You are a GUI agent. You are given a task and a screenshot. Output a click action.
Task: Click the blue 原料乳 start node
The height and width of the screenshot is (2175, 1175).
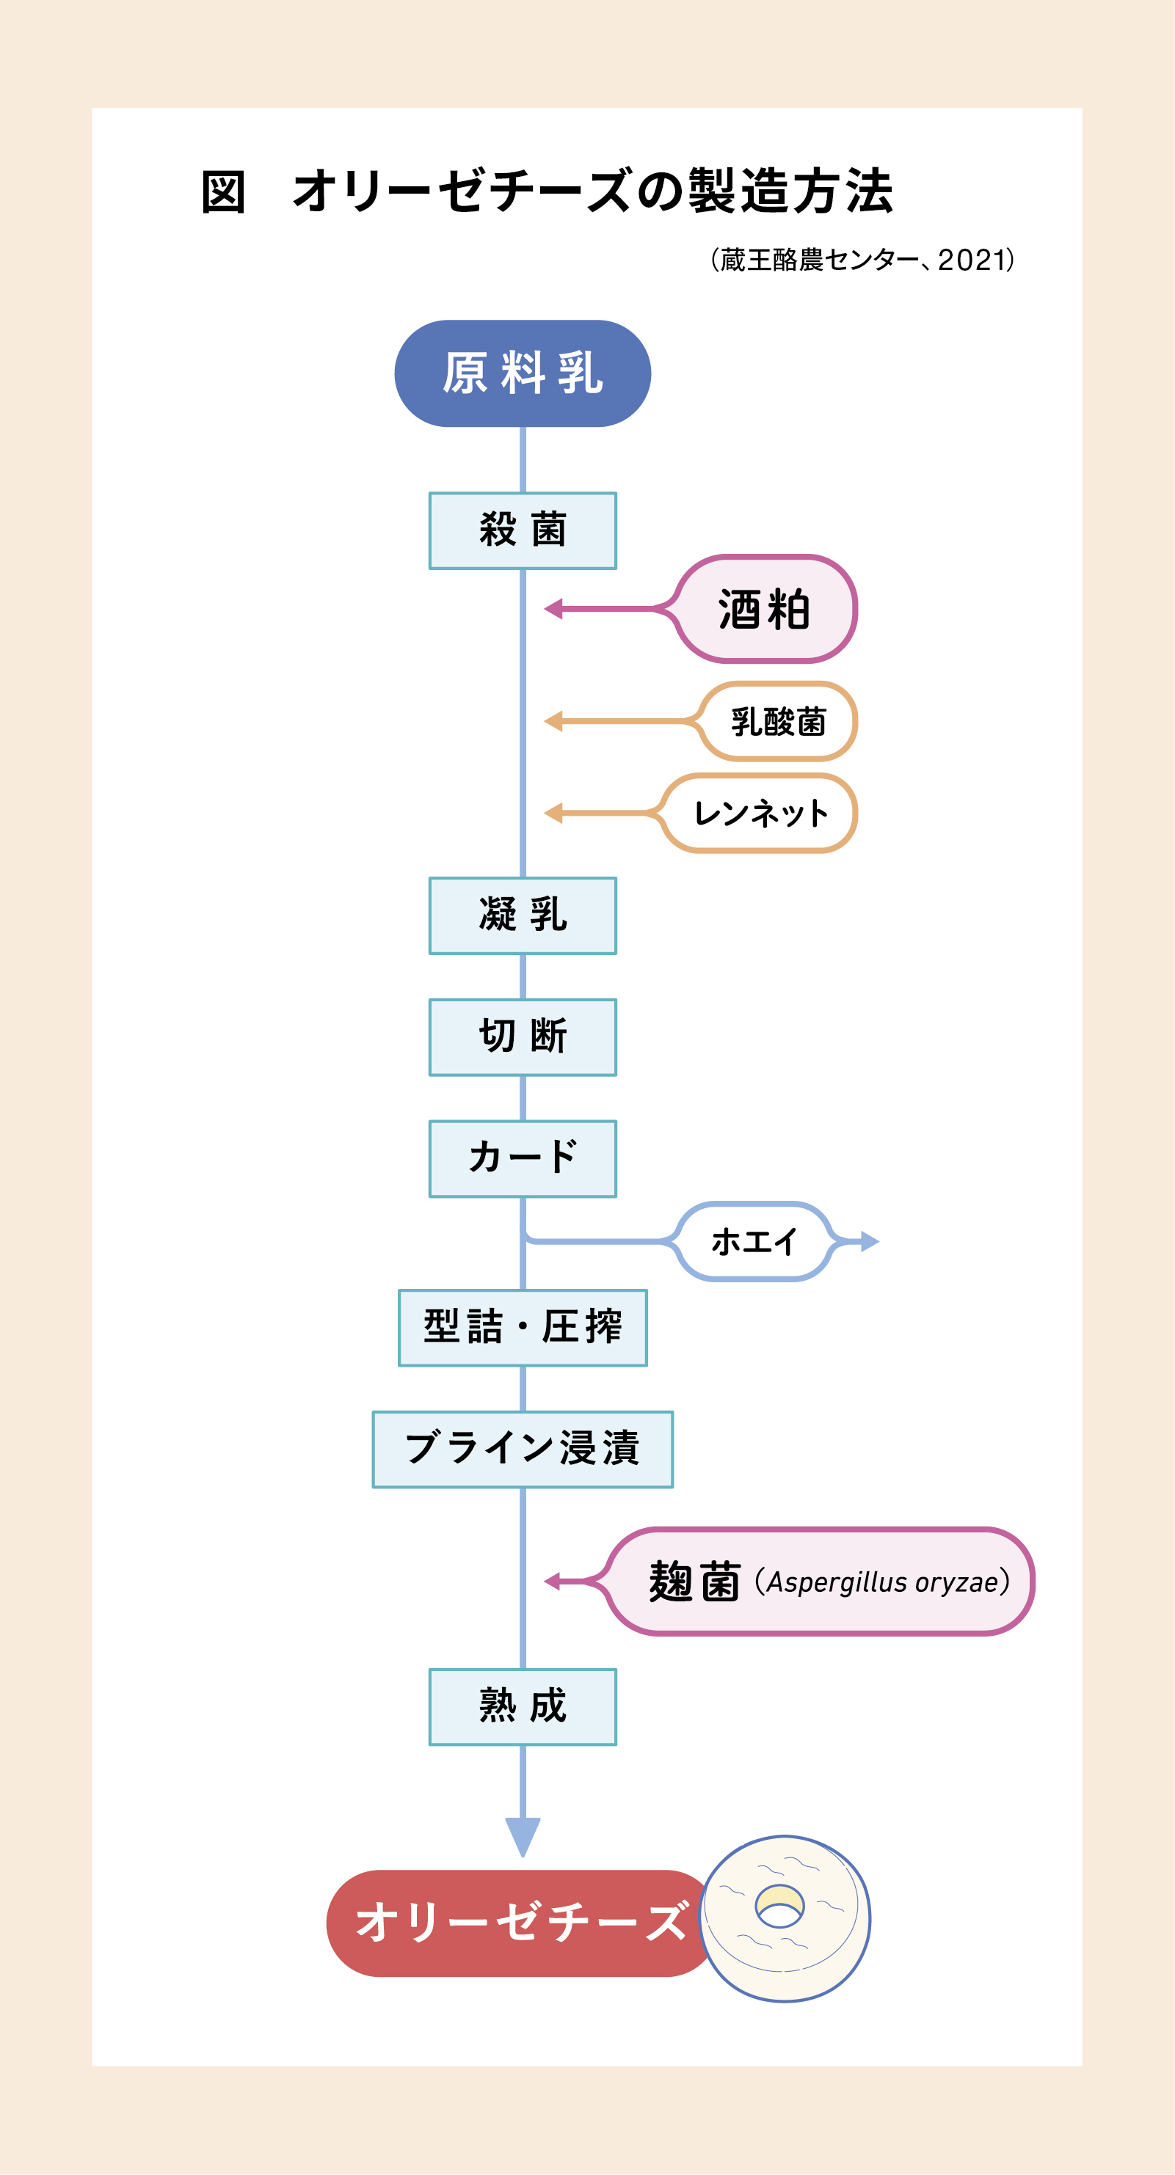click(522, 373)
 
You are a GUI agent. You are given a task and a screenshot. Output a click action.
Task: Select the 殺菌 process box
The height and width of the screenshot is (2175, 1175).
click(522, 530)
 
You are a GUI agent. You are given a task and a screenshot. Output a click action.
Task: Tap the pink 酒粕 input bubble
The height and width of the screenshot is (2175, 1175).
click(765, 609)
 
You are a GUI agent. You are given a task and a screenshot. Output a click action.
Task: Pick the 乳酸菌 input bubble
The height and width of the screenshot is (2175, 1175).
click(777, 722)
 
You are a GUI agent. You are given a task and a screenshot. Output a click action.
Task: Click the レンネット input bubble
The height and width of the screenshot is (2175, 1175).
click(760, 813)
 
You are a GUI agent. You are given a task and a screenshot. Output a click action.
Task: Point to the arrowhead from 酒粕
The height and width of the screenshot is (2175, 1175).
click(553, 609)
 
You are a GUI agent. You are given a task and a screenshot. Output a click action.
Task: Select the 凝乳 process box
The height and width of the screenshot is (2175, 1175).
click(522, 915)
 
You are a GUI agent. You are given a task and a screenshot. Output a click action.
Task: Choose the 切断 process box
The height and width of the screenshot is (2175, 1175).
click(522, 1037)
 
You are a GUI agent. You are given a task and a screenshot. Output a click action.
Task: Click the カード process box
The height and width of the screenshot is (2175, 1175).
click(522, 1158)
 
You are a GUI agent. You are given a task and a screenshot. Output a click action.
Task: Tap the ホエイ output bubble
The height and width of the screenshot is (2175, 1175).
click(754, 1241)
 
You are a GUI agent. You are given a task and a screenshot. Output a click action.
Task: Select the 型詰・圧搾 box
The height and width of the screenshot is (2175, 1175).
click(522, 1327)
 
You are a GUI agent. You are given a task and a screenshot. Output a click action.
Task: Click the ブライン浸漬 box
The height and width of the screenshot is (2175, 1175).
click(522, 1449)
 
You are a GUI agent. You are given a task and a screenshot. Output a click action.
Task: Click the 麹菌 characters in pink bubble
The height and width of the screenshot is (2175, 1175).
click(694, 1582)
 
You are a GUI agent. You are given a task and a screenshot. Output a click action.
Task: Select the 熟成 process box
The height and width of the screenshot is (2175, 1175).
click(522, 1706)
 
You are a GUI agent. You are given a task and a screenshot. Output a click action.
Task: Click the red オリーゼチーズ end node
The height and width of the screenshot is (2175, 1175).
click(520, 1923)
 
